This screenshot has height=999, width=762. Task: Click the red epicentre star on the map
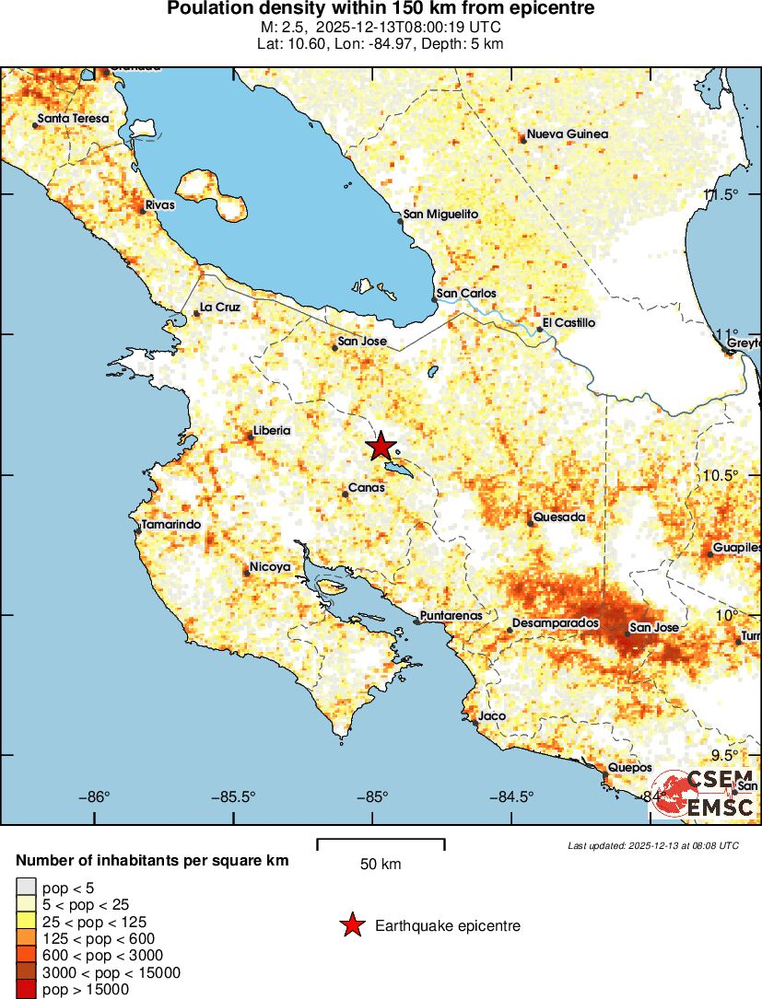(x=381, y=446)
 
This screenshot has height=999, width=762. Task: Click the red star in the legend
(x=352, y=926)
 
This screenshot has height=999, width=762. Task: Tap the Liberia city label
(x=272, y=430)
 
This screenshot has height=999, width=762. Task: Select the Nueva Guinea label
(x=568, y=134)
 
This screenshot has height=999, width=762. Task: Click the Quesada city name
(x=559, y=517)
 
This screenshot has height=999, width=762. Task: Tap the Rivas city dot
(x=142, y=211)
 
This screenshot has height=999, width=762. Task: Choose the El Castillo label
(x=569, y=323)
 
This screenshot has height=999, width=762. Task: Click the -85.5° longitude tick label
(x=238, y=797)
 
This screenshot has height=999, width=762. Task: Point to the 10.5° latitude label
(x=721, y=475)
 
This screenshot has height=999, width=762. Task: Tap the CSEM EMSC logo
(x=704, y=794)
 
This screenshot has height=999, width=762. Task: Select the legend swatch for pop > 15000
(x=25, y=990)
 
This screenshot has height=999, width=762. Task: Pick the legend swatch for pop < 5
(x=25, y=888)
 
